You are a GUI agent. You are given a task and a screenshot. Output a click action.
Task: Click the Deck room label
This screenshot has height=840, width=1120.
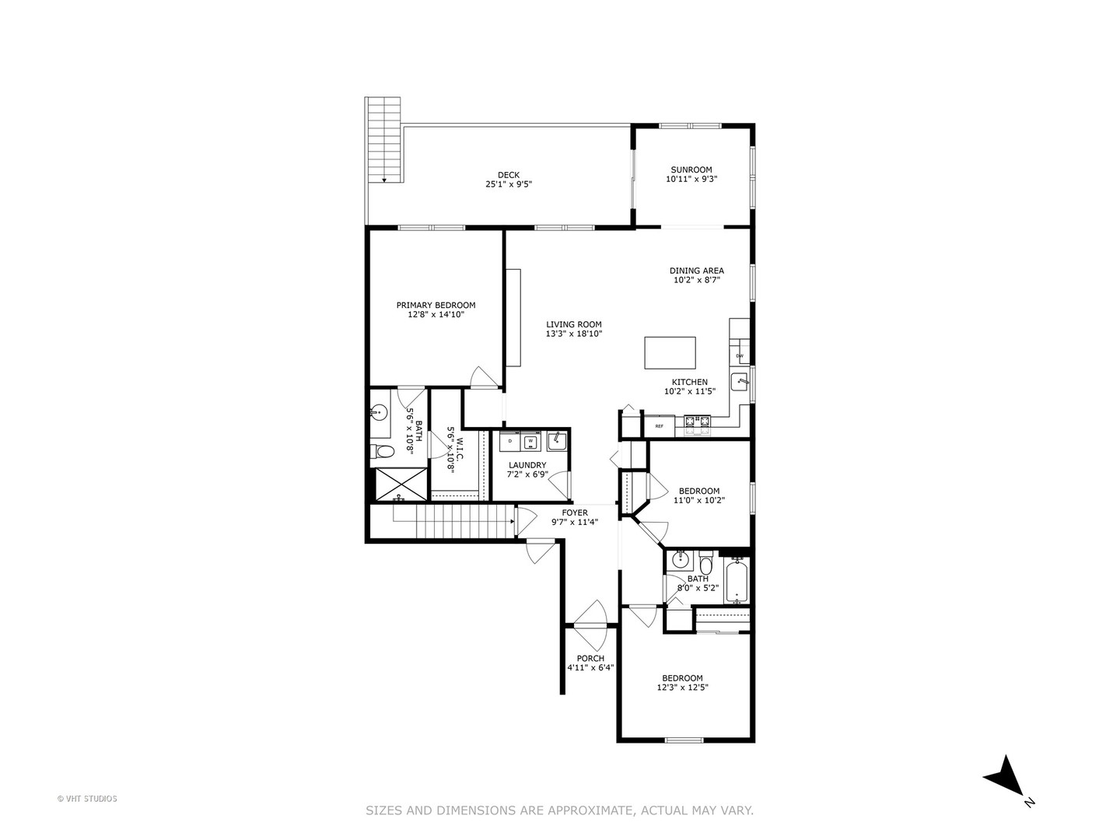click(x=509, y=175)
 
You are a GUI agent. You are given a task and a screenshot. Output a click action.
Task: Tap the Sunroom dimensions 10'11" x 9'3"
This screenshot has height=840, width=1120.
click(x=691, y=179)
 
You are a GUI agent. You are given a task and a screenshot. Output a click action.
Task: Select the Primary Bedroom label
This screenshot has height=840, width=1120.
click(x=436, y=306)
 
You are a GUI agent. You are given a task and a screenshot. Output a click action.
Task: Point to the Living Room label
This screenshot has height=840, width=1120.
click(x=573, y=325)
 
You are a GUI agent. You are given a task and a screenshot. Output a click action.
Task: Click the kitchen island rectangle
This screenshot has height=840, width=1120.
click(x=670, y=352)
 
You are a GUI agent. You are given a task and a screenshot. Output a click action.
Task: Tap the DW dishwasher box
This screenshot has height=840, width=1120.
click(x=739, y=356)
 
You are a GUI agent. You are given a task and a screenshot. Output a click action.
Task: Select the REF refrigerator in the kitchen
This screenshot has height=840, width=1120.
click(x=659, y=426)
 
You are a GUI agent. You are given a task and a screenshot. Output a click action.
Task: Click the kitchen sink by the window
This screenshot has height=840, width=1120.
click(x=739, y=381)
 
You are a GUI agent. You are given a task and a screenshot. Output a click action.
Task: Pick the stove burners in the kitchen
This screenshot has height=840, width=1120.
click(x=697, y=423)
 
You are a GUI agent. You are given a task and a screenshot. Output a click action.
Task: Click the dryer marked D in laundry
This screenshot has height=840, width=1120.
click(x=509, y=442)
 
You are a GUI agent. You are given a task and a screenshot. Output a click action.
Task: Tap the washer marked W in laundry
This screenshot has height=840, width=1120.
click(x=530, y=442)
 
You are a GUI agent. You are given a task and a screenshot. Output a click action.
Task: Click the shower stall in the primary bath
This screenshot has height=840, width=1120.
click(x=401, y=484)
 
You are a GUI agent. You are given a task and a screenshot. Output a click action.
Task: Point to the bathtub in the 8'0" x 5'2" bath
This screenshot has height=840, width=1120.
click(x=736, y=582)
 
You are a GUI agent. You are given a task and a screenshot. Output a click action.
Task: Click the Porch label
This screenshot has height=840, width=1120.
click(x=590, y=658)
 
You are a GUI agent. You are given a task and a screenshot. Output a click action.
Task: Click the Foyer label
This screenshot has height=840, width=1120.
click(x=575, y=513)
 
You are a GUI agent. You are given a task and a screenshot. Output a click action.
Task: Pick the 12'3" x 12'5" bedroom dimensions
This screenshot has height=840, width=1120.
click(x=682, y=687)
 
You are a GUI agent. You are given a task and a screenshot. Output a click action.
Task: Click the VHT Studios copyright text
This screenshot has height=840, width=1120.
click(x=87, y=798)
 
